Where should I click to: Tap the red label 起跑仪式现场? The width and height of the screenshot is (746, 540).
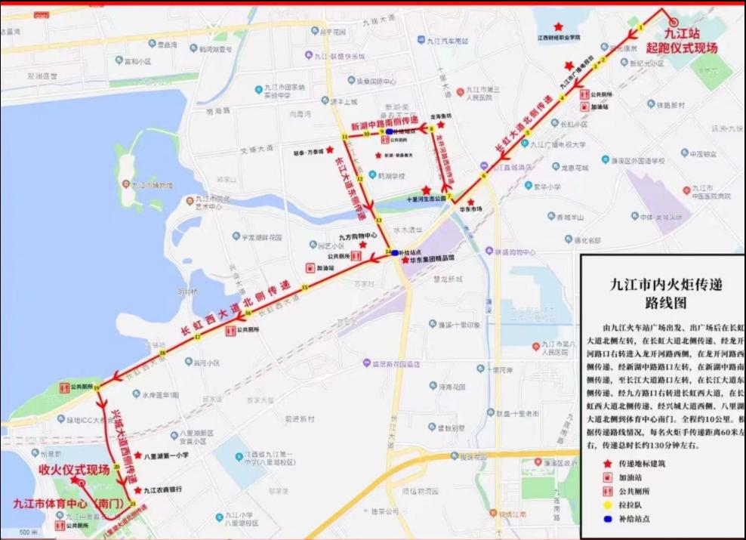(681, 47)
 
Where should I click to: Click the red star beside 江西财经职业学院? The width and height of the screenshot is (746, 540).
(558, 26)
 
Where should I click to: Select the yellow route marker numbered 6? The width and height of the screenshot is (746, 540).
(483, 176)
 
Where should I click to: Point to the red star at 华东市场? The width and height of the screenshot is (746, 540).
(470, 202)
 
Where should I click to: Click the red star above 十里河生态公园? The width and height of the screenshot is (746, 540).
(427, 190)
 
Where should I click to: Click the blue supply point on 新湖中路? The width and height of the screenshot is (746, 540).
(389, 131)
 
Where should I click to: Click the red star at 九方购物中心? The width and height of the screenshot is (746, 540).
(362, 245)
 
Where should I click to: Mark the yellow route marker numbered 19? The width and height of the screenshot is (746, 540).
(97, 387)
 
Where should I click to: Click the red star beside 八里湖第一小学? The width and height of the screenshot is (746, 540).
(137, 455)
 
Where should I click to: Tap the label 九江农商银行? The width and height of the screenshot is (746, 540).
(162, 489)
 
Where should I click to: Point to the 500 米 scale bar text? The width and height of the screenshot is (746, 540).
(28, 532)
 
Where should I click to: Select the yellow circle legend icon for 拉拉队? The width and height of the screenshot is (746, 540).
(605, 505)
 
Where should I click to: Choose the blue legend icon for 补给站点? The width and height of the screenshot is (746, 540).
(605, 520)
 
